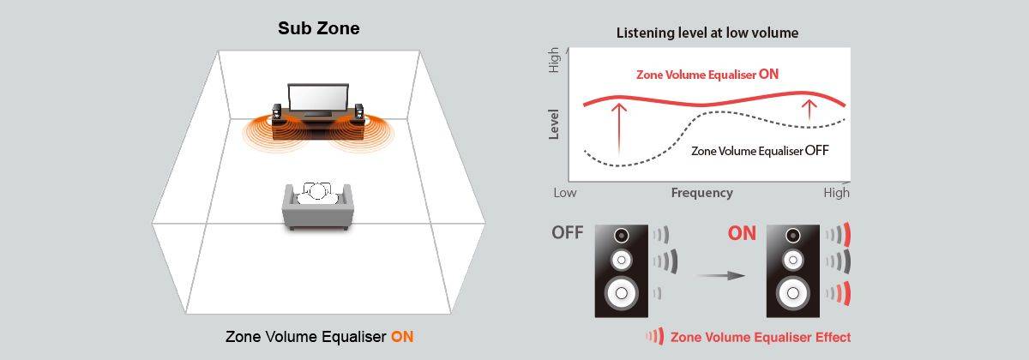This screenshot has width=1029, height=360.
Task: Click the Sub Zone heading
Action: (x=319, y=28)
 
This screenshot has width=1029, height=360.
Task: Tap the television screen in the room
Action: (x=317, y=99)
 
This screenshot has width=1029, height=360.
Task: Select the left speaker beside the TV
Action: (x=277, y=112)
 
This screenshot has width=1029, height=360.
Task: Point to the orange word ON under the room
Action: (x=402, y=337)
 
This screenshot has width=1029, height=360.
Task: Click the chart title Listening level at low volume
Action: (x=707, y=33)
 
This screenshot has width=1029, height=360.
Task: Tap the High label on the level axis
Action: (x=554, y=60)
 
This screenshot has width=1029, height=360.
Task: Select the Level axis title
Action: (x=554, y=123)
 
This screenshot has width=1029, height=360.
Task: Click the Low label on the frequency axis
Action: (x=565, y=193)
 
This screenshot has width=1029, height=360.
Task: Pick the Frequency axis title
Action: (x=701, y=193)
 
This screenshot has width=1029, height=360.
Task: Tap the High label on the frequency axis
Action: (x=836, y=193)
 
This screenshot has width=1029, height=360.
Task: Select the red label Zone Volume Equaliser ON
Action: (x=707, y=75)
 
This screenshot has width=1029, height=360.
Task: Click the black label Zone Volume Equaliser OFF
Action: (x=760, y=151)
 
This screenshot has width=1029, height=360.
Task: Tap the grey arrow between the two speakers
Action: (x=719, y=276)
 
